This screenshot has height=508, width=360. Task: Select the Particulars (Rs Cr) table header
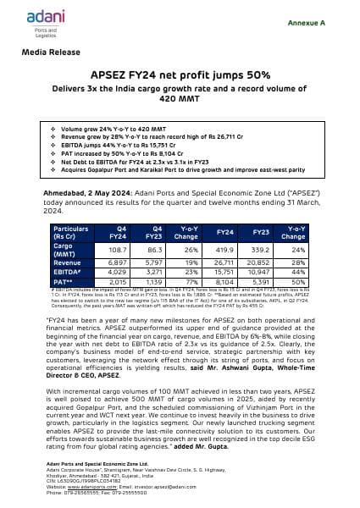click(71, 233)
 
